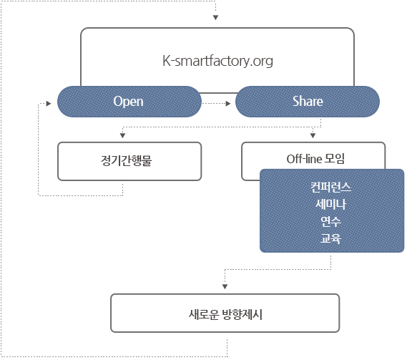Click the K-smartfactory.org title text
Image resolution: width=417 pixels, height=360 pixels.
(x=217, y=62)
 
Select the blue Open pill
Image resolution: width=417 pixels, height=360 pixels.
(x=129, y=102)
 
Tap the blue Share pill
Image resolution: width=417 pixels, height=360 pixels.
(x=308, y=102)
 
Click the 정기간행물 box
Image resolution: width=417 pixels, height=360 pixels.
(x=129, y=161)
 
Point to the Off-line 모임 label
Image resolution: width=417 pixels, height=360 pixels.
(x=315, y=159)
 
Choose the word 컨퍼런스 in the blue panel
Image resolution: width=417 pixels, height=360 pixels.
(x=331, y=187)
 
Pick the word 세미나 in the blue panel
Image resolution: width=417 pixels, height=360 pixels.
(x=331, y=205)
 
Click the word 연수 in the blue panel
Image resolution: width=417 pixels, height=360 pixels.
(x=331, y=221)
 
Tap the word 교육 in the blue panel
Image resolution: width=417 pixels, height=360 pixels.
(x=331, y=238)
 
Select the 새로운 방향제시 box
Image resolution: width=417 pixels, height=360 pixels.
(x=225, y=313)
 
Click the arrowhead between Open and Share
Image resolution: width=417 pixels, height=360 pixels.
(x=228, y=104)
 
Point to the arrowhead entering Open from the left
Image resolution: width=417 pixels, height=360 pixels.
(x=49, y=104)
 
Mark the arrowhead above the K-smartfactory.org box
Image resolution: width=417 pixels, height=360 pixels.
(x=216, y=18)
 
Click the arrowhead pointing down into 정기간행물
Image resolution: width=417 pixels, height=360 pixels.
(x=122, y=136)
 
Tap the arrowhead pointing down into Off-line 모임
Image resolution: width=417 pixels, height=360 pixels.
(x=313, y=136)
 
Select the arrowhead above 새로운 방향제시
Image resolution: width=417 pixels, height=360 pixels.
(x=225, y=286)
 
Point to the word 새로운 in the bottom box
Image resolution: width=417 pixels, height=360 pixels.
(x=204, y=314)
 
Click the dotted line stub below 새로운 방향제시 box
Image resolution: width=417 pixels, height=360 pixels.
(x=227, y=348)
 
